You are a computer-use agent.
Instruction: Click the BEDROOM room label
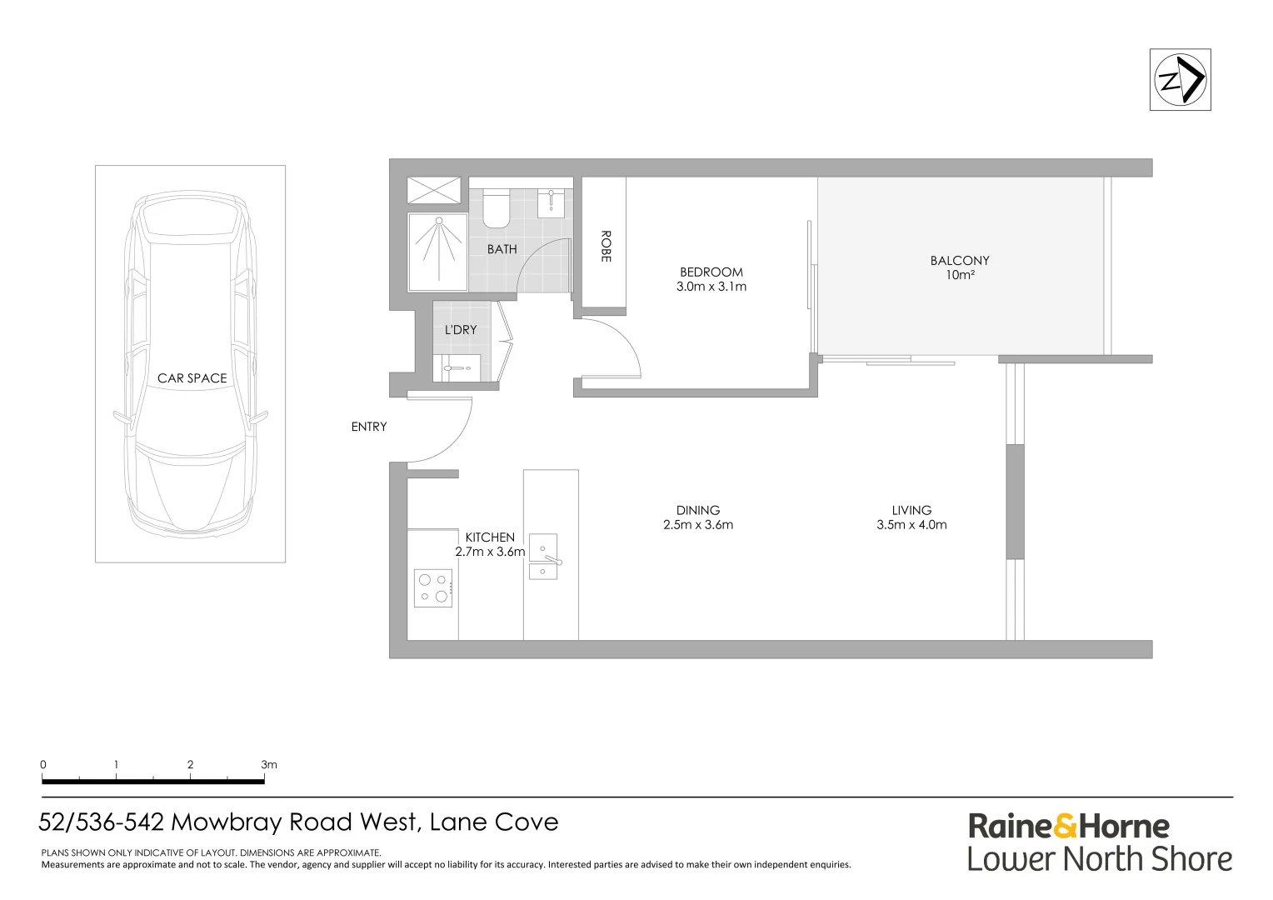click(711, 272)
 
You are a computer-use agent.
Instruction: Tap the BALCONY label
click(960, 261)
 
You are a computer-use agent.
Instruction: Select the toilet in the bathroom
click(497, 208)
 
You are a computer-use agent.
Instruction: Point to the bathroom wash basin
click(551, 202)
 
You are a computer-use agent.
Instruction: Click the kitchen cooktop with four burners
click(433, 587)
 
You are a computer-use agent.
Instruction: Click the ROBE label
click(606, 247)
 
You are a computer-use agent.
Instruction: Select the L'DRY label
click(461, 330)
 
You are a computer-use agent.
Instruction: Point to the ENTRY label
click(369, 427)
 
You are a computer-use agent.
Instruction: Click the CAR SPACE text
click(192, 378)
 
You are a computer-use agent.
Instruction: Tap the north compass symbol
click(1180, 80)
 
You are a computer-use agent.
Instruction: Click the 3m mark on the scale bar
click(268, 764)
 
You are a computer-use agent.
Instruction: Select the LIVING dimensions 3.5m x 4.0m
click(911, 525)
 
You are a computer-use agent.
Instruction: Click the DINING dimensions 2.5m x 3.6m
click(698, 525)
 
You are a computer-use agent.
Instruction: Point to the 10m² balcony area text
click(960, 275)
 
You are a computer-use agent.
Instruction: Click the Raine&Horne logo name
click(1069, 827)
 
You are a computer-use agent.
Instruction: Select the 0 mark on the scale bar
click(43, 764)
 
